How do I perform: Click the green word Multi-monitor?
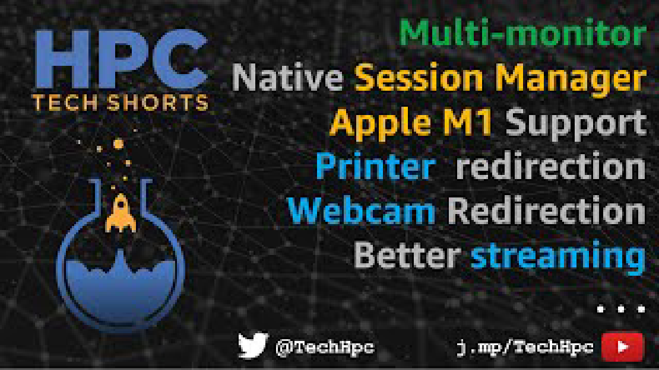[x=522, y=33]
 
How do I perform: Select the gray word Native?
[x=287, y=77]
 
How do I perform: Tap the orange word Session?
[x=419, y=78]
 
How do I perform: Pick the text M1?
[x=465, y=122]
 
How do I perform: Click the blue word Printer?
[x=375, y=166]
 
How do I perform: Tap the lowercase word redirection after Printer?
[x=550, y=166]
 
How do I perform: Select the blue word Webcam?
[x=362, y=210]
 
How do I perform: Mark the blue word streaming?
[x=558, y=257]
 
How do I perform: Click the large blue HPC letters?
[x=121, y=59]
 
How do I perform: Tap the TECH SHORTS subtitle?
[x=120, y=103]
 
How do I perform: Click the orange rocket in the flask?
[x=121, y=213]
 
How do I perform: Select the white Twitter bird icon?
[x=253, y=345]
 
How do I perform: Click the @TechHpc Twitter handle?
[x=325, y=347]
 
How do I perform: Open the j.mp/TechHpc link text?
[x=525, y=347]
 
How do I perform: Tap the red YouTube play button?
[x=622, y=347]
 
